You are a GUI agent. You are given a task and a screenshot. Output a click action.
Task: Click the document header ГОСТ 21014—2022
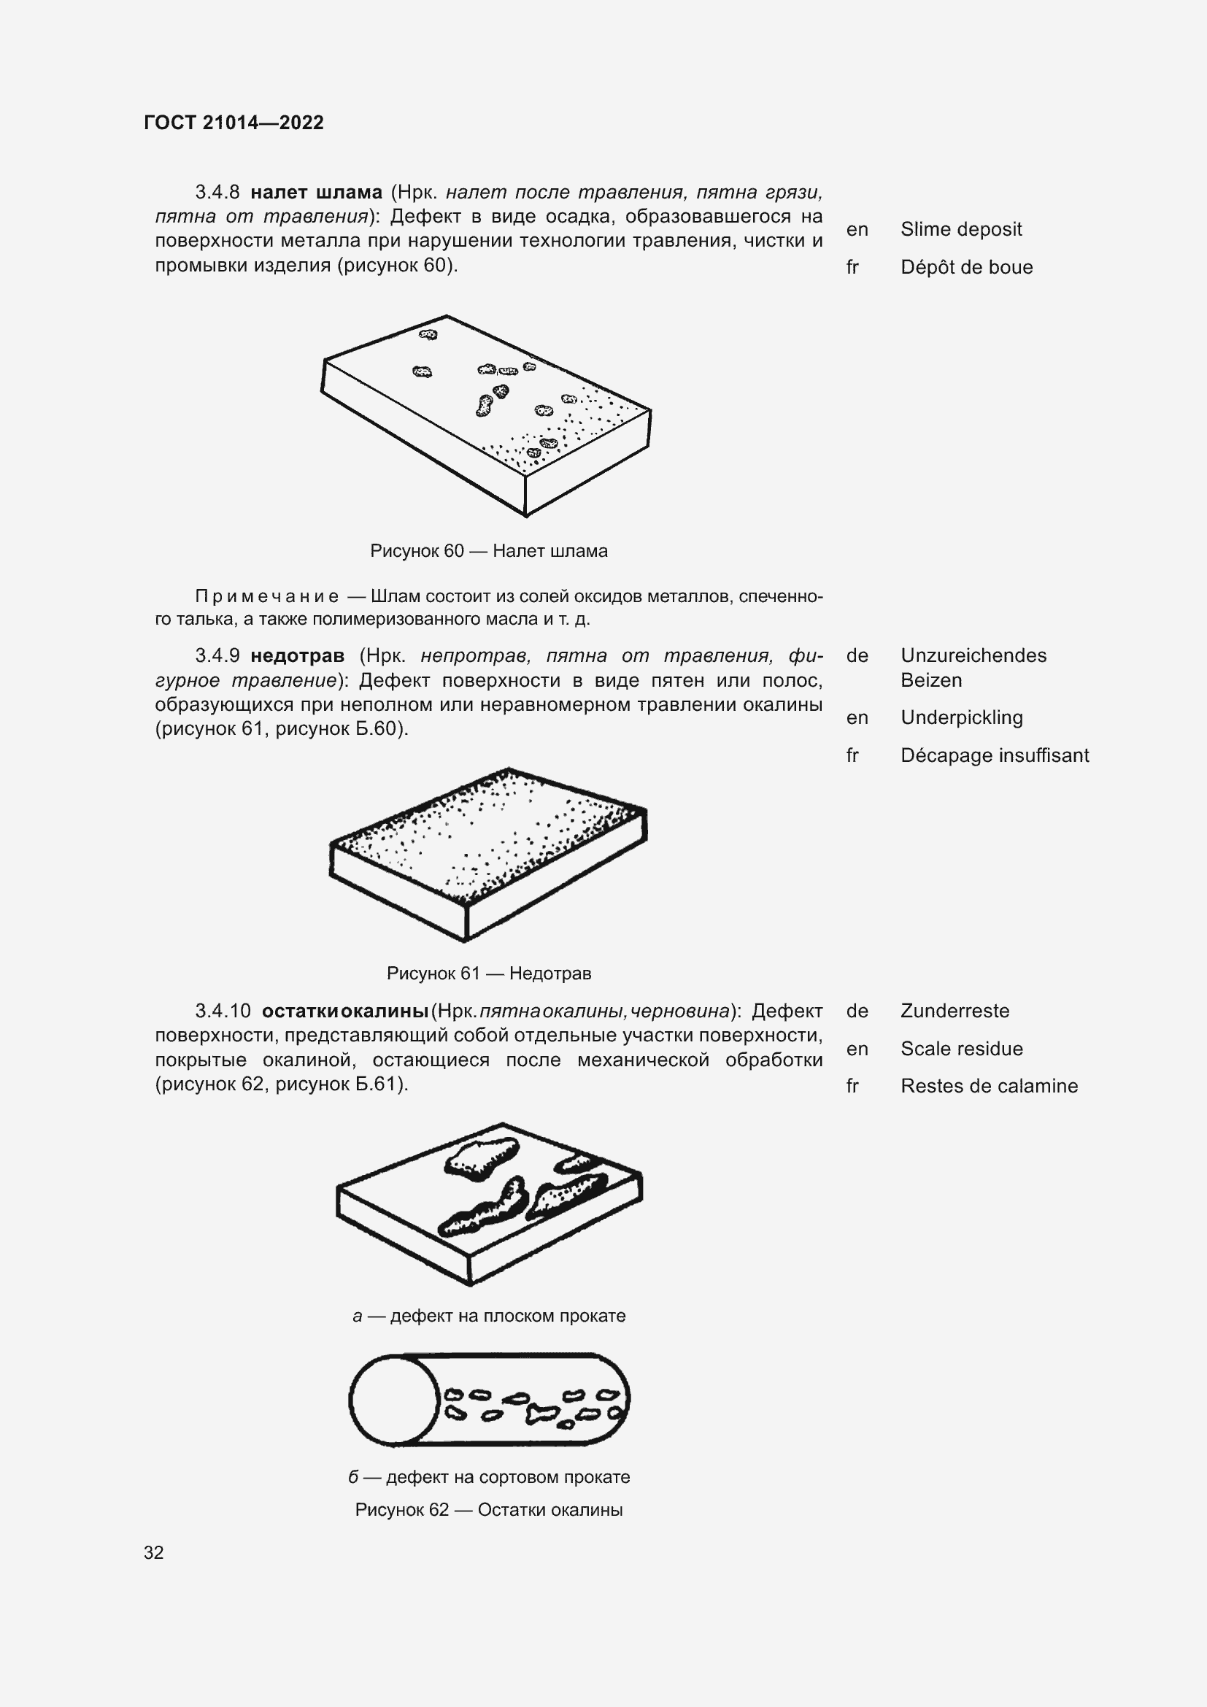point(234,123)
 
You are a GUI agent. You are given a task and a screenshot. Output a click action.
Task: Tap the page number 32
point(154,1552)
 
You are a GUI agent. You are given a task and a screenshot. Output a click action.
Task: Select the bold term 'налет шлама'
point(316,193)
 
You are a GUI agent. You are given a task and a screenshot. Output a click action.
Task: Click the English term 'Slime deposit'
point(961,229)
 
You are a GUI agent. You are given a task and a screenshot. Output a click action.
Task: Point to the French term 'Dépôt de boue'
point(966,267)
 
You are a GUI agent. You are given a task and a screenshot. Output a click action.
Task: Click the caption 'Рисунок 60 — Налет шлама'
point(488,551)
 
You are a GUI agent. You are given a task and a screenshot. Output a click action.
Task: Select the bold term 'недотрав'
point(297,656)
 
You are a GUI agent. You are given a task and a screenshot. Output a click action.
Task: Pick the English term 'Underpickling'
point(962,717)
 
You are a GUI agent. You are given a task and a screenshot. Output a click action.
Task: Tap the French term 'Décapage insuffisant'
point(995,755)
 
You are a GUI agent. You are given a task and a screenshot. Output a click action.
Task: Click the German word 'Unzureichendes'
point(973,656)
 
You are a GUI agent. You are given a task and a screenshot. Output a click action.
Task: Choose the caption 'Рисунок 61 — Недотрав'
point(488,974)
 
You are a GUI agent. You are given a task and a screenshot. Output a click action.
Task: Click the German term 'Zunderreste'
point(955,1011)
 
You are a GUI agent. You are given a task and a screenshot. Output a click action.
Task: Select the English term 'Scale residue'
point(962,1049)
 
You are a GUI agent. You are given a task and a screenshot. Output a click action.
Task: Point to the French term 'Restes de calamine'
point(990,1086)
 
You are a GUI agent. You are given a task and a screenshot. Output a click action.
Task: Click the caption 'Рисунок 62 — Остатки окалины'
point(488,1510)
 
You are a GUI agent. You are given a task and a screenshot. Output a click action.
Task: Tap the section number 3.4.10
point(223,1011)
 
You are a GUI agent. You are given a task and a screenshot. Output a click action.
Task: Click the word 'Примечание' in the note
point(267,596)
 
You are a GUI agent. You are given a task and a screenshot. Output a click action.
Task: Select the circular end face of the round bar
point(394,1400)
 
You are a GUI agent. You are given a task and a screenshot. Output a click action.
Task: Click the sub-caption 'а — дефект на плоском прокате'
point(488,1316)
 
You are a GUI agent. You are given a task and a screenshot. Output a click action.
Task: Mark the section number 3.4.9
point(217,656)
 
